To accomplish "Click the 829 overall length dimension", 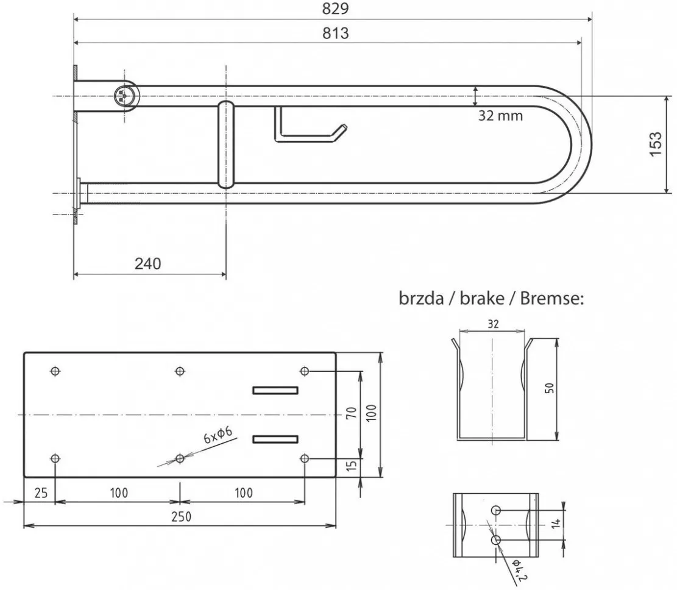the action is (336, 9).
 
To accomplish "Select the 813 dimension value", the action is (336, 34).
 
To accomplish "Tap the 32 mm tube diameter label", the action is (500, 116).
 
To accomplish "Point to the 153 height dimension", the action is (655, 144).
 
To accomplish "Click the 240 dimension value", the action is (147, 263).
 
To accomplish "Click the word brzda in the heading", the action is (422, 299).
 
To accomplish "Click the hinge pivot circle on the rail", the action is (124, 96).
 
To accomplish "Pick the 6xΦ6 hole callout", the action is (218, 435).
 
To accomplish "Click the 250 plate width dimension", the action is (181, 517).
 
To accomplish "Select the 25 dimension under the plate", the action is (41, 493).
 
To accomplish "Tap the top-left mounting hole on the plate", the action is (55, 371).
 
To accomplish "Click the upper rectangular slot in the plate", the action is (275, 391).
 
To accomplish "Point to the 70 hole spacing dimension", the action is (352, 413).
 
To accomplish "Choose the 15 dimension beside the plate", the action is (352, 466).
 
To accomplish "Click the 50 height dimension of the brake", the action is (550, 388).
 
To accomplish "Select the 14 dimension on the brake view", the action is (556, 524).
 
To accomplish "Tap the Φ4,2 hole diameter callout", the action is (519, 570).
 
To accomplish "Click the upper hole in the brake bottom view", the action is (496, 511).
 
